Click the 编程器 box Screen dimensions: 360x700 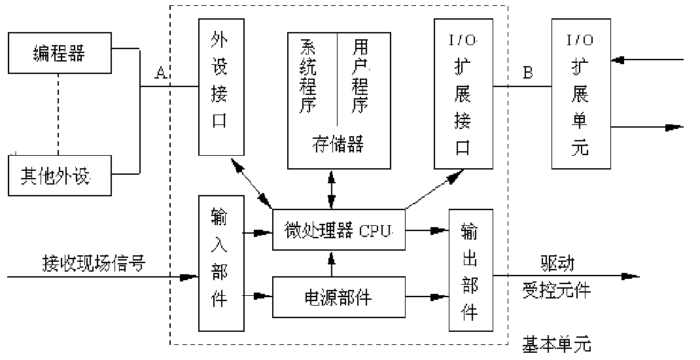click(59, 52)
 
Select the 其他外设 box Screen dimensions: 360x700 click(59, 176)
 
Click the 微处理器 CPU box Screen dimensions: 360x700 click(338, 230)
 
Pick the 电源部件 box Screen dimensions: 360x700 click(338, 297)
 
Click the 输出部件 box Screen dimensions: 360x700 click(470, 270)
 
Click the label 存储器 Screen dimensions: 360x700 click(338, 144)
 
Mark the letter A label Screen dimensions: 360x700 click(160, 73)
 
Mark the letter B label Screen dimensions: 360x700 click(527, 73)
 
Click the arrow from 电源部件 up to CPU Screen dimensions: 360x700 click(333, 264)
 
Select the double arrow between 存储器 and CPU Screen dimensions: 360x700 click(333, 190)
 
